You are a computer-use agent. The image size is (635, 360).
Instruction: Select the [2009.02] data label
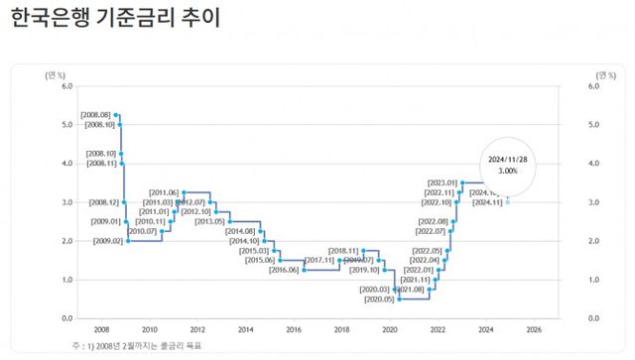click(108, 241)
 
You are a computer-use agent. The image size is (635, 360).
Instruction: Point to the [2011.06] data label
click(164, 191)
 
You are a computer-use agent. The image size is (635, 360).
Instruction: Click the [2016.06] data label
click(284, 270)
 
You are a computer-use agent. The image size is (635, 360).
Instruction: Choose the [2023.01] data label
click(442, 182)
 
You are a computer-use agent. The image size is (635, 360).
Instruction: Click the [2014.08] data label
click(241, 231)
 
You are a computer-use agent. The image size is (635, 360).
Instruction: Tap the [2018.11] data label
click(342, 251)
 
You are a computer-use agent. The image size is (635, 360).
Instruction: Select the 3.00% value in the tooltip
click(507, 171)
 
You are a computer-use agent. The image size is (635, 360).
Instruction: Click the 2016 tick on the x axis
click(293, 328)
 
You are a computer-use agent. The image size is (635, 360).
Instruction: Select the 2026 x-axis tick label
click(534, 328)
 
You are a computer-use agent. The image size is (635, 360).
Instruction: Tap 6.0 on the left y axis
click(66, 86)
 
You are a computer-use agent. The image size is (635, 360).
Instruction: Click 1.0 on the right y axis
click(594, 280)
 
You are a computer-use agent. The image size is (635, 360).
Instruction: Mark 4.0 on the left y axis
click(66, 164)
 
